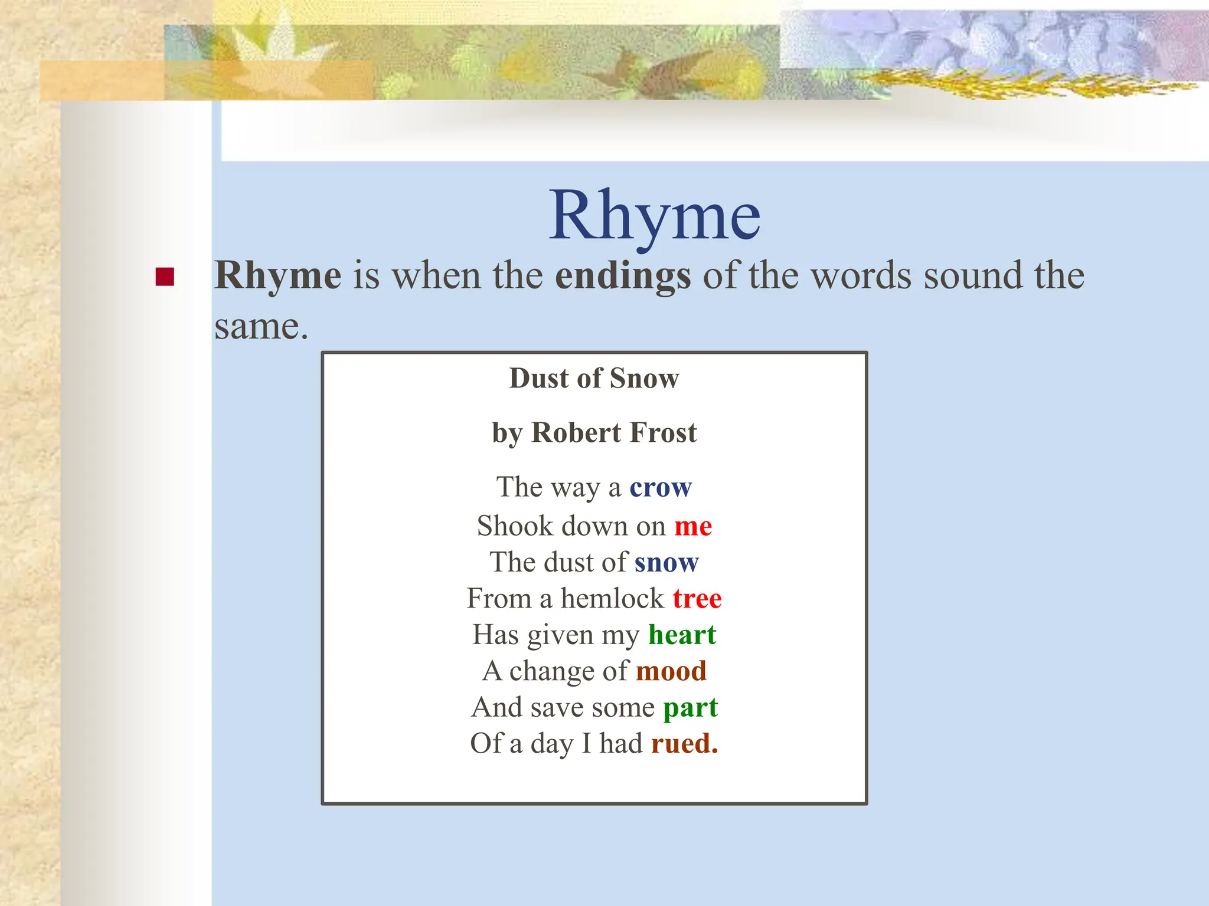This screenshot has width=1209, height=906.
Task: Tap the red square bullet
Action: [165, 277]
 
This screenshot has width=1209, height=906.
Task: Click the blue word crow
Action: [660, 488]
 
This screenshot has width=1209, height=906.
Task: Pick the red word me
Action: [693, 526]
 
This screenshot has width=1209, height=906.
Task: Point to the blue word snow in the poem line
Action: [666, 562]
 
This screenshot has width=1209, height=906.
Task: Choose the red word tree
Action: [697, 599]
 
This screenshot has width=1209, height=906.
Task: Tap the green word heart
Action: [682, 635]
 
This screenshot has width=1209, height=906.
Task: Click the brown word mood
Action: [671, 671]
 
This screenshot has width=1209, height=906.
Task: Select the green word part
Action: [690, 708]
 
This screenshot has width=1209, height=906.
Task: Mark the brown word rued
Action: [684, 743]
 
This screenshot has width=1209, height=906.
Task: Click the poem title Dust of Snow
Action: [594, 378]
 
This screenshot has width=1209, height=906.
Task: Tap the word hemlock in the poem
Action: [612, 599]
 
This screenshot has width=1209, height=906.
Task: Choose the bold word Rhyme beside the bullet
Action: [277, 276]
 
